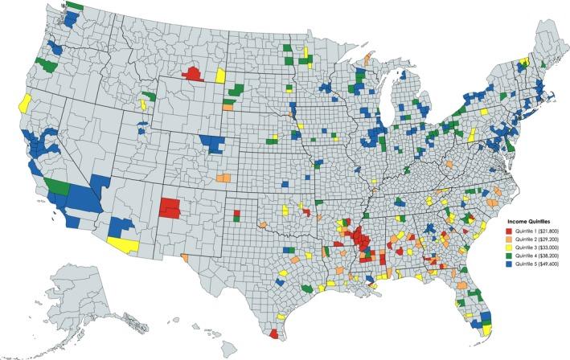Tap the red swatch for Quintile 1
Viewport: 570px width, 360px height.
pyautogui.click(x=505, y=231)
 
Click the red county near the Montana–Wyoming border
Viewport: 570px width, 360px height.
pyautogui.click(x=193, y=73)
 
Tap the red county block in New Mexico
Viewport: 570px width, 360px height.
pyautogui.click(x=170, y=208)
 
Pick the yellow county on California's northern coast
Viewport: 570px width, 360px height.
pyautogui.click(x=25, y=103)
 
